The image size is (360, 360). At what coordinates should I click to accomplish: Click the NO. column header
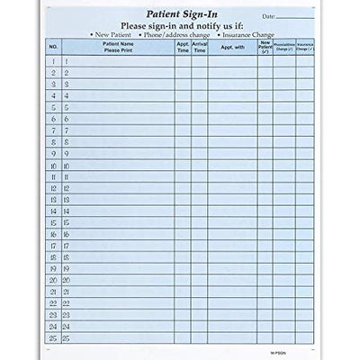coord(53,46)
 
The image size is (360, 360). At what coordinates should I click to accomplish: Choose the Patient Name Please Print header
coord(118,46)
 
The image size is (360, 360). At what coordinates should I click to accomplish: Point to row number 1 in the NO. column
coord(53,60)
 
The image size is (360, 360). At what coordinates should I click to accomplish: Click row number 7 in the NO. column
coord(53,130)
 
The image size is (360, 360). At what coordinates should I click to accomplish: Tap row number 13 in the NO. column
coord(53,200)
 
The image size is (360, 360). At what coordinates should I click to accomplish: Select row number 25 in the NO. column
coord(53,338)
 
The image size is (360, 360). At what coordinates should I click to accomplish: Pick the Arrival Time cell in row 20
coord(199,281)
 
